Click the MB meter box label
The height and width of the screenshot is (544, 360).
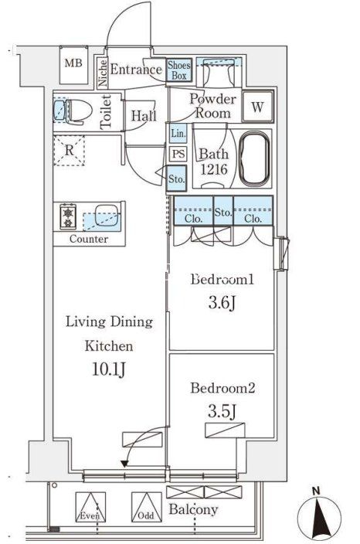coord(73,63)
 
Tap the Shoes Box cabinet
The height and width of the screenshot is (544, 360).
coord(179,70)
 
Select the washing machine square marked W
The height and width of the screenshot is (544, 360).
coord(258,107)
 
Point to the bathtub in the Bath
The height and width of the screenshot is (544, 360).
coord(255,159)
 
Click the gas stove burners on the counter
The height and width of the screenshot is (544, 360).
coord(68,217)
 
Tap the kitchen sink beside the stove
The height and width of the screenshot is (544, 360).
coord(107,216)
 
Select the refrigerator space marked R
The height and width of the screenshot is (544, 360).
coord(70,151)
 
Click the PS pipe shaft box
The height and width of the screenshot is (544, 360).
coord(178,154)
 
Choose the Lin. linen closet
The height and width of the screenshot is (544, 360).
coord(178,134)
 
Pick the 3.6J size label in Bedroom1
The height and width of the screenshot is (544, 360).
coord(222,303)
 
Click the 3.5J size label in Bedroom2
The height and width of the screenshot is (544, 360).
coord(222,411)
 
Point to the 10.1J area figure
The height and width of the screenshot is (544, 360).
coord(109,369)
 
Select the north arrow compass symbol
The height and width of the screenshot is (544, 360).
coord(319,516)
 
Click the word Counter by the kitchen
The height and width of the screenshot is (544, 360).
coord(89,239)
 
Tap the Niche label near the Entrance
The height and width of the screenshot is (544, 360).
coord(103,73)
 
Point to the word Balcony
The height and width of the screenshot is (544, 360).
coord(193,509)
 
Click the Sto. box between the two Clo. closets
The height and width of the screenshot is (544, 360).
coord(223,211)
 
